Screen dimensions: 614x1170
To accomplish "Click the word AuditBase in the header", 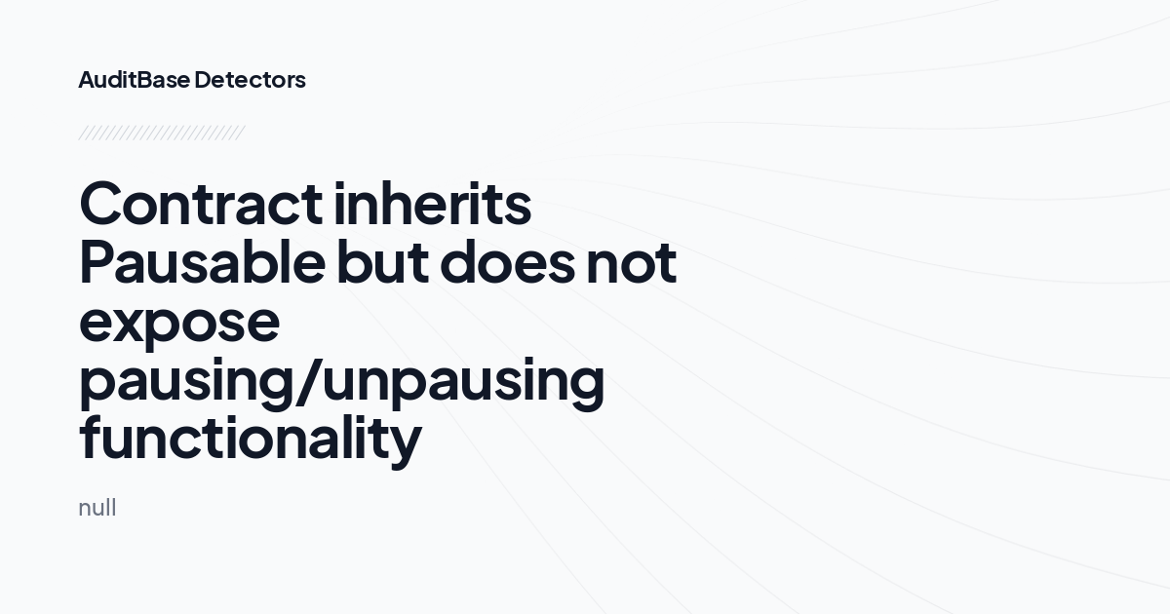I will click(x=134, y=80).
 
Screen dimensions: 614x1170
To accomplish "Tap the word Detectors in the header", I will click(x=250, y=80).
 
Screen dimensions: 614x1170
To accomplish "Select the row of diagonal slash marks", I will click(x=161, y=133).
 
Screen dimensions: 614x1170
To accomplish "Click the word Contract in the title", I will click(x=200, y=205).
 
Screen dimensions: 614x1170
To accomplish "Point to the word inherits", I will click(x=433, y=205).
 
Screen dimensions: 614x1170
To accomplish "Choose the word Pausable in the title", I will click(x=200, y=263).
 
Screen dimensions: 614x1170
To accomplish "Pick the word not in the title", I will click(x=631, y=263).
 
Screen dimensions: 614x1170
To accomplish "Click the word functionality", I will click(x=250, y=439).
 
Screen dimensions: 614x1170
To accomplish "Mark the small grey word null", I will click(x=97, y=508).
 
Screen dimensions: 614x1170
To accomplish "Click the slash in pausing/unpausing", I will click(x=308, y=380).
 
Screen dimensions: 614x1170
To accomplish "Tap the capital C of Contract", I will click(x=104, y=205).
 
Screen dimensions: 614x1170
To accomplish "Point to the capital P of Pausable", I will click(x=99, y=263).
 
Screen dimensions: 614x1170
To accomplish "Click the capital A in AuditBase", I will click(x=87, y=80).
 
